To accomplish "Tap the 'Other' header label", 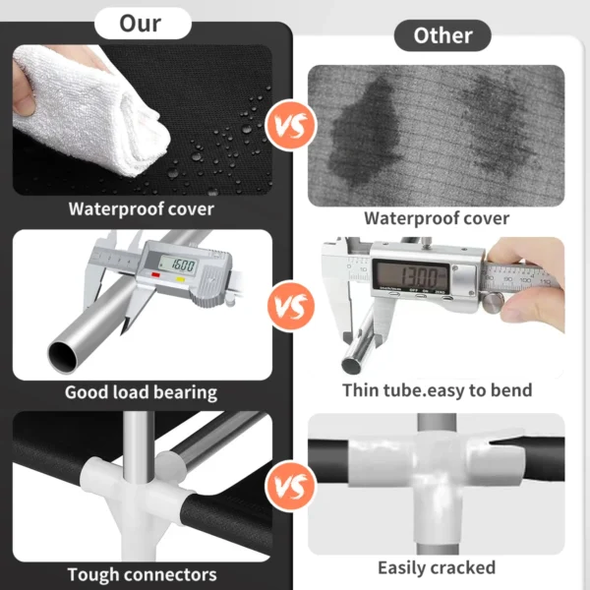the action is (x=442, y=35).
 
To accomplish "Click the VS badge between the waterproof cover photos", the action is (x=291, y=126).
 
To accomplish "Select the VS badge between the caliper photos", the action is (x=291, y=306).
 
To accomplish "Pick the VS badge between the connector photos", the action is (x=291, y=486).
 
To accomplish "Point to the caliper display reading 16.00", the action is (x=178, y=265).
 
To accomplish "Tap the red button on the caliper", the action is (x=155, y=275).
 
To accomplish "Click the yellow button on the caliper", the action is (x=180, y=279).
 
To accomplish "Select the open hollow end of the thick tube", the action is (x=63, y=356).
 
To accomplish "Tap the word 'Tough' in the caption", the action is (x=93, y=574).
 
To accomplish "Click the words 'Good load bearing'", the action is (x=141, y=392).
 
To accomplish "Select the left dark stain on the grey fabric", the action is (x=364, y=132).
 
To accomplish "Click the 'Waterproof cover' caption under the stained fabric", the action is (x=437, y=218).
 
